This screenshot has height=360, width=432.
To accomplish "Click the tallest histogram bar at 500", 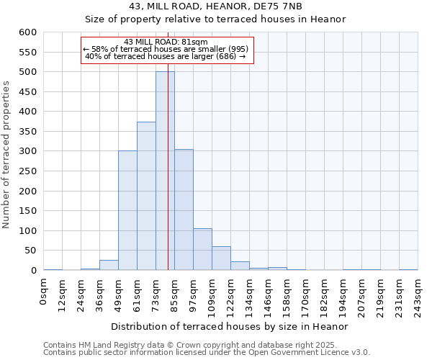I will click(165, 171).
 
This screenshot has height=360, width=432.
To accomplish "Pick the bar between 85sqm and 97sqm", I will click(184, 210).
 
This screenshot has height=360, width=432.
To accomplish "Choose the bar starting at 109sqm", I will click(221, 258).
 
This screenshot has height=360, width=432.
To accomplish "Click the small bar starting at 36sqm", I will click(109, 265).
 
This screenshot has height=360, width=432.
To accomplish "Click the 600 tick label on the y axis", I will click(27, 32).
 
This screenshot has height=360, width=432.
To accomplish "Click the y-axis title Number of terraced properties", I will click(7, 155).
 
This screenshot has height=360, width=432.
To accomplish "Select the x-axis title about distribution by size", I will click(230, 326).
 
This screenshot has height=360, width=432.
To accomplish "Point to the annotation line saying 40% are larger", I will click(166, 56).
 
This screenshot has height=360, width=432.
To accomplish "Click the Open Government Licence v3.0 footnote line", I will click(207, 353).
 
